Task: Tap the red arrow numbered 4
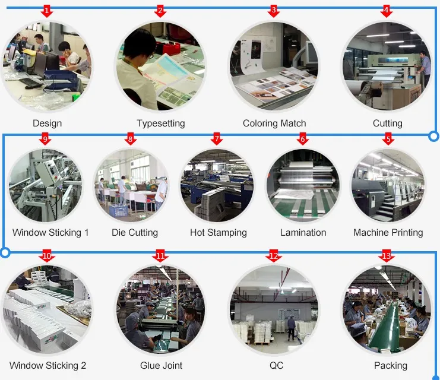pos(387,11)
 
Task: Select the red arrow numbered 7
pos(217,139)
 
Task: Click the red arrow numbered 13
pos(387,256)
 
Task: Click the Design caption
pos(48,123)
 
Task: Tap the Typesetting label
pos(160,123)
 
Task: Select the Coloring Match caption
pos(274,123)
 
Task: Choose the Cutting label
pos(387,123)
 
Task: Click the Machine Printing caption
pos(388,232)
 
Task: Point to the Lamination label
pos(303,232)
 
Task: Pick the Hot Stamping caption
pos(218,232)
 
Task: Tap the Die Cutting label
pos(135,232)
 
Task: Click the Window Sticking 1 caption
pos(50,232)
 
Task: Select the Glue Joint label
pos(161,365)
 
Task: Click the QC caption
pos(274,365)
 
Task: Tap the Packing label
pos(390,365)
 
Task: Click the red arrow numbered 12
pos(274,256)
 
